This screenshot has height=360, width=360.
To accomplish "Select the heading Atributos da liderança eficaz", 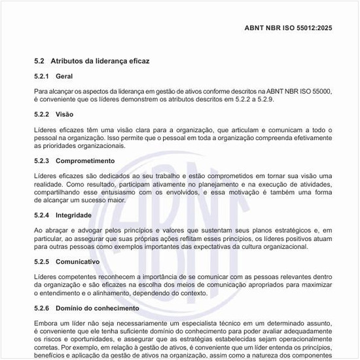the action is pyautogui.click(x=100, y=61).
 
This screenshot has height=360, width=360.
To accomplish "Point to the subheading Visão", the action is pyautogui.click(x=65, y=114).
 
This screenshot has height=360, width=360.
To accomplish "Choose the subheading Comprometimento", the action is pyautogui.click(x=85, y=160).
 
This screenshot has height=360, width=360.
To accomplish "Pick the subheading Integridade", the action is pyautogui.click(x=73, y=215).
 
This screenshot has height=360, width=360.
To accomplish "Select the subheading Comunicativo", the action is pyautogui.click(x=77, y=261).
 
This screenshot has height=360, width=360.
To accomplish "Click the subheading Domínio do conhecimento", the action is pyautogui.click(x=98, y=308).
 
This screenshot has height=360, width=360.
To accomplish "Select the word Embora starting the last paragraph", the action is pyautogui.click(x=45, y=323).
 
